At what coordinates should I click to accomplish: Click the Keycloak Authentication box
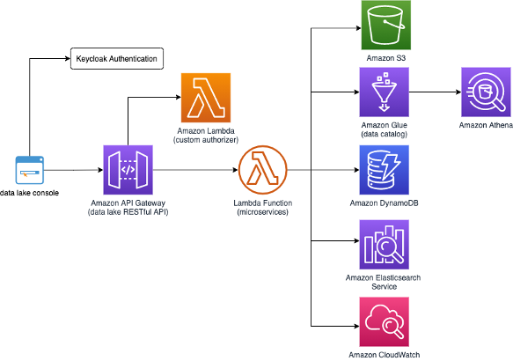click(x=117, y=59)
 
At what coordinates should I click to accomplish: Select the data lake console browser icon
click(x=30, y=170)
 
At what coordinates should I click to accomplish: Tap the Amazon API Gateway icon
click(x=128, y=170)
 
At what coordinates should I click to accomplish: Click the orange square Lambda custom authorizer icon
click(x=206, y=98)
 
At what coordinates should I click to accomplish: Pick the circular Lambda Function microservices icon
click(x=263, y=170)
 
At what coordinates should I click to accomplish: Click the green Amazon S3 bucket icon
click(x=386, y=26)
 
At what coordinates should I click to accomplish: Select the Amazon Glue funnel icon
click(x=385, y=92)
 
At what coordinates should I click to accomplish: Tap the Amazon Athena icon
click(x=486, y=92)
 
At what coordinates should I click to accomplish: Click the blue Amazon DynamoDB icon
click(x=385, y=170)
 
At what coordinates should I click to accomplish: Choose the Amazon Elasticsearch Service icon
click(x=385, y=245)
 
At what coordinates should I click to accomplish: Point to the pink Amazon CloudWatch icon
click(x=385, y=321)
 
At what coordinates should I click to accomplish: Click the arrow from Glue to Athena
click(x=436, y=92)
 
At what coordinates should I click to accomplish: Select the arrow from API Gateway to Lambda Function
click(x=195, y=170)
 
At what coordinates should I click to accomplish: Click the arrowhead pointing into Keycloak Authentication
click(x=68, y=59)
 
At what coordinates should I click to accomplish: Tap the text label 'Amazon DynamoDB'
click(x=385, y=203)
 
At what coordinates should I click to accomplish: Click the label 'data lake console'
click(x=29, y=193)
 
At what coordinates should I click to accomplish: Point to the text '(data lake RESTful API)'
click(x=128, y=212)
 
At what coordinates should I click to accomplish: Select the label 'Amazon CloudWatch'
click(x=385, y=355)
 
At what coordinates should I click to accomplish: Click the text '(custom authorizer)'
click(x=206, y=140)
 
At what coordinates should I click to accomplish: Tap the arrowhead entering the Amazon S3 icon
click(x=358, y=28)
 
